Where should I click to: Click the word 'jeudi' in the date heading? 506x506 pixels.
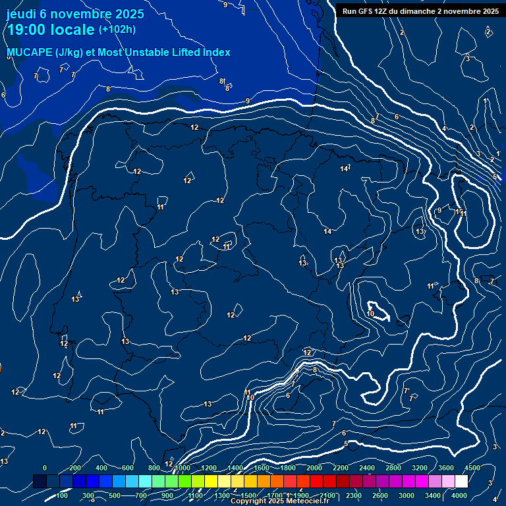click(x=21, y=14)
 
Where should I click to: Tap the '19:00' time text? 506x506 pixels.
click(x=26, y=30)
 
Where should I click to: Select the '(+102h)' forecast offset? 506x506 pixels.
click(x=117, y=30)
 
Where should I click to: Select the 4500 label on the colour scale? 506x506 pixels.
click(x=472, y=468)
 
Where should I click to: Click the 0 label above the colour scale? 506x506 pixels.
click(x=45, y=468)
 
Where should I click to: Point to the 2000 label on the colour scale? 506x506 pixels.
click(x=314, y=468)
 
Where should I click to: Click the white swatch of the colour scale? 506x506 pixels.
click(x=461, y=482)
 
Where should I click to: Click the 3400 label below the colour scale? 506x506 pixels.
click(x=434, y=495)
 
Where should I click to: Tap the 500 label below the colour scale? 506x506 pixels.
click(x=114, y=495)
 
